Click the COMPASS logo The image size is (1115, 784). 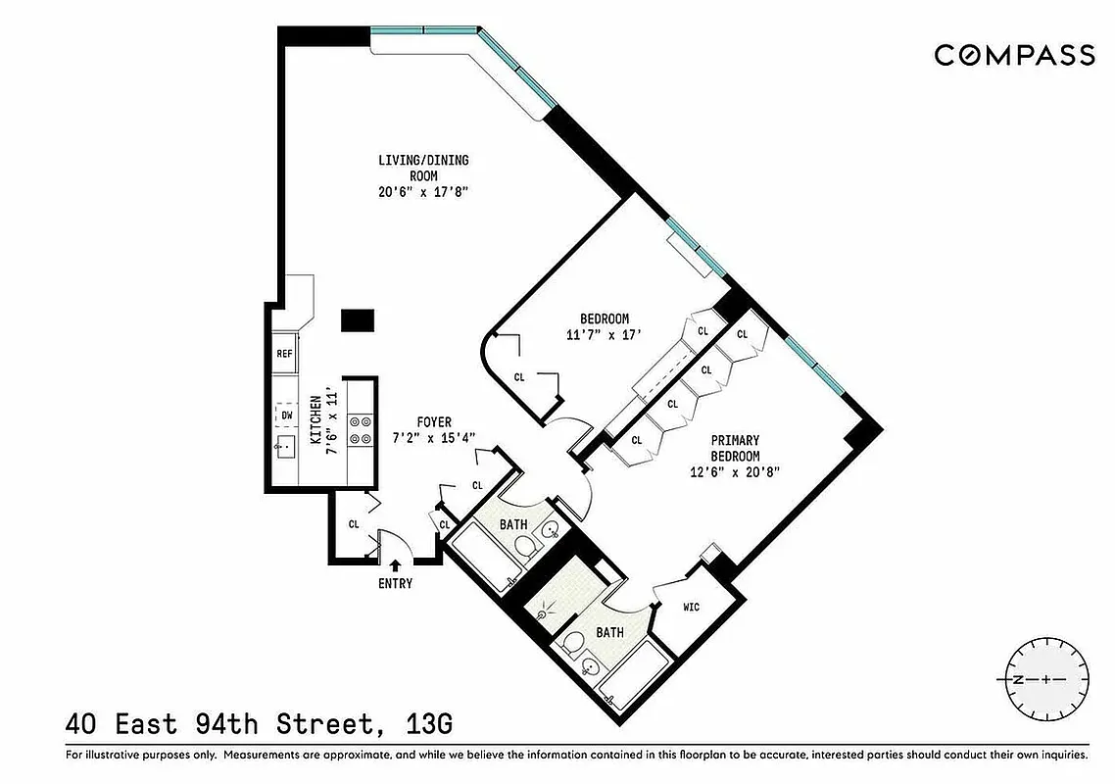pyautogui.click(x=1014, y=55)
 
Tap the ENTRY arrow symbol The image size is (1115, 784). pyautogui.click(x=395, y=563)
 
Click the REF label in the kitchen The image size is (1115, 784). pyautogui.click(x=284, y=354)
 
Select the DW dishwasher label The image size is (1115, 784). pyautogui.click(x=287, y=416)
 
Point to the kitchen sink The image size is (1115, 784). pyautogui.click(x=285, y=448)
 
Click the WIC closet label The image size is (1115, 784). pyautogui.click(x=692, y=608)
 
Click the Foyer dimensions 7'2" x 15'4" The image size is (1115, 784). pyautogui.click(x=434, y=438)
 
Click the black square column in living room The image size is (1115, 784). pyautogui.click(x=358, y=320)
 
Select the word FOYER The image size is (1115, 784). pyautogui.click(x=434, y=422)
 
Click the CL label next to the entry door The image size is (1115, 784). pyautogui.click(x=354, y=523)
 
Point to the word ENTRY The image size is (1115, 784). pyautogui.click(x=395, y=584)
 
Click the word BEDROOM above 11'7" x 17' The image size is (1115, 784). pyautogui.click(x=605, y=319)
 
